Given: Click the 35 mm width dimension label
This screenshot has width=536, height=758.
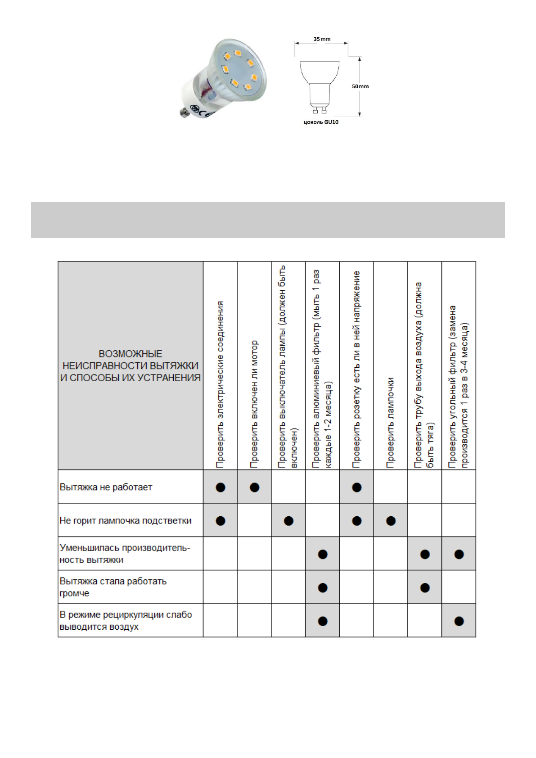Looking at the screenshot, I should pos(322,39).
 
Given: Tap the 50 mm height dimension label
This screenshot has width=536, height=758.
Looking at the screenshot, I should pos(360,86).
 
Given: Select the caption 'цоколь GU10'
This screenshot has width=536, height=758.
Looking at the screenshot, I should pos(321,122).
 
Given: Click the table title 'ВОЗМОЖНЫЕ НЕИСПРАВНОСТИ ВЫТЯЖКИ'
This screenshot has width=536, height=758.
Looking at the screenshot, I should pos(131,365).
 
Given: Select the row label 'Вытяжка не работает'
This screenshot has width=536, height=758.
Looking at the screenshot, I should pos(106,487).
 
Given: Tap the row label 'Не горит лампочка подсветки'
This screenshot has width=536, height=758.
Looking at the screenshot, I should pos(126,520).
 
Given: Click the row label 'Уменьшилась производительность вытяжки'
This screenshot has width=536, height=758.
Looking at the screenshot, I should pos(125,554).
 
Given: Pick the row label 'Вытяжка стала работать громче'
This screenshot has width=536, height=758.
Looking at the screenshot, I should pos(113,587).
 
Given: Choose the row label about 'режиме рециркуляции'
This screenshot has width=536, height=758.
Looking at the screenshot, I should pos(126,620).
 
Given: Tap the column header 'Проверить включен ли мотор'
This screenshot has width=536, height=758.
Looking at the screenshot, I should pos(254,403).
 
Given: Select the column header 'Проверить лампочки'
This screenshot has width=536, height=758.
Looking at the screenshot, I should pos(391,422).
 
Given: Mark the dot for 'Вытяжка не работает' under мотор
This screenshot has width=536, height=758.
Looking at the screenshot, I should pos(254,487).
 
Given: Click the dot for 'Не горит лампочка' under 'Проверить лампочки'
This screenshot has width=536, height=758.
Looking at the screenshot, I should pos(391,521).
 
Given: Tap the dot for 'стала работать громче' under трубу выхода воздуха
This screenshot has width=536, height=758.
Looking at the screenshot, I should pos(425,588).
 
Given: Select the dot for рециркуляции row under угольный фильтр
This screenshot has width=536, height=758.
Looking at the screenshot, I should pos(459,621).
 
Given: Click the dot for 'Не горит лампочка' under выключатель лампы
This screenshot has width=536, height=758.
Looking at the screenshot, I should pos(288,521).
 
